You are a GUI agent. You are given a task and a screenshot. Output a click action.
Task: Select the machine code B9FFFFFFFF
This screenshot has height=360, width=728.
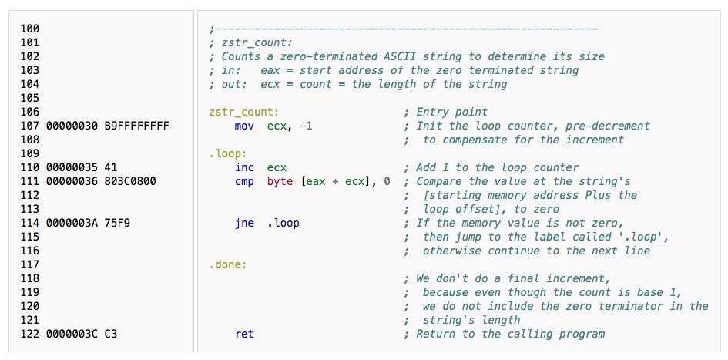136,126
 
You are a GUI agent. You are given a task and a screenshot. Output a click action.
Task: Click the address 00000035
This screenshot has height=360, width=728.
72,167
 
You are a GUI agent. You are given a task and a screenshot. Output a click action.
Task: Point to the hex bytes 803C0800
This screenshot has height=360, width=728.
129,181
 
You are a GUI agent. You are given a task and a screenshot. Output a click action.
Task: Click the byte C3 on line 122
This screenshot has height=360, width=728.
110,334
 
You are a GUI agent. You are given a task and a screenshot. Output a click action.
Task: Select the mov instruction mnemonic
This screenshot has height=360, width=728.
244,126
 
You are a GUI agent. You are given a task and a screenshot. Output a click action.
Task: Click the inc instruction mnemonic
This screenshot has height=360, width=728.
244,167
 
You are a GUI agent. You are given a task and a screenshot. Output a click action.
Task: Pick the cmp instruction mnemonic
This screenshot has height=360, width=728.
244,181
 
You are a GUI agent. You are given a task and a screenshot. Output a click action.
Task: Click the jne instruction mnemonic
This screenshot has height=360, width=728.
244,223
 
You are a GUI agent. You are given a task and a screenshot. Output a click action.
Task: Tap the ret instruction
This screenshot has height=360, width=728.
244,334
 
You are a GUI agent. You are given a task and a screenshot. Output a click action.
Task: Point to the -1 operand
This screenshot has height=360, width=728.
305,126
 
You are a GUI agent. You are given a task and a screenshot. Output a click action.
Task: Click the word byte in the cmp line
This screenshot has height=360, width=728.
280,181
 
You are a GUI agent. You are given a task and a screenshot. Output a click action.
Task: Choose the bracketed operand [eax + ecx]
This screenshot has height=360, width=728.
338,181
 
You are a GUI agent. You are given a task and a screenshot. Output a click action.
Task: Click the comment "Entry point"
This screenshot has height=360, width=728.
451,112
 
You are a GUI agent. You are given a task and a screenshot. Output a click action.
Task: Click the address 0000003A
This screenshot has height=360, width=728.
72,223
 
